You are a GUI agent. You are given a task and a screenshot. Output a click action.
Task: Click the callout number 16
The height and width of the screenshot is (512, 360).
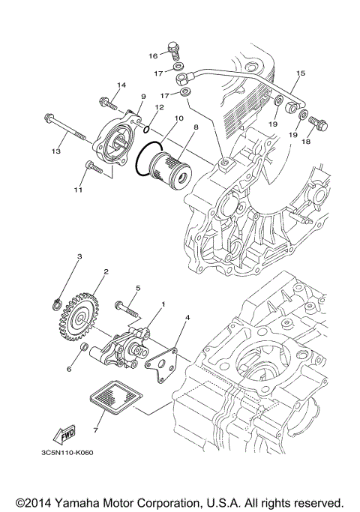point(152,55)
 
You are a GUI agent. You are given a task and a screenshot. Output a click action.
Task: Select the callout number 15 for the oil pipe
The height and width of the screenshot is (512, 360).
point(301,73)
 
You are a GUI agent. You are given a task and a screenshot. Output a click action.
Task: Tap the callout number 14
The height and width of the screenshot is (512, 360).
point(121,85)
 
